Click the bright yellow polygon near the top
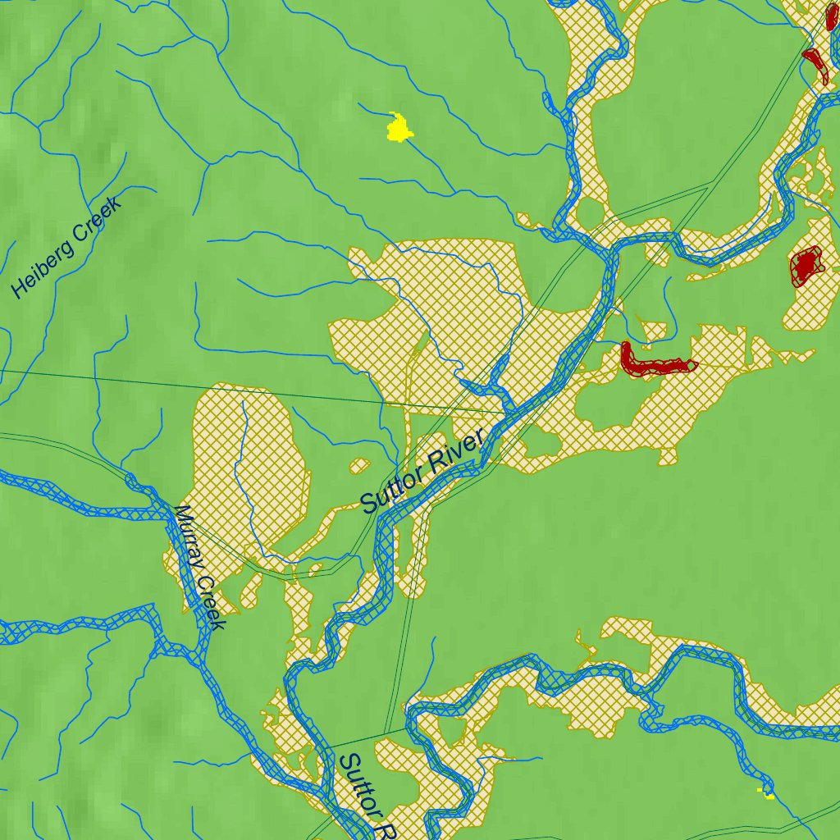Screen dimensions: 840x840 coord(399,128)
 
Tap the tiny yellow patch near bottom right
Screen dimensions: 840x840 coord(768,793)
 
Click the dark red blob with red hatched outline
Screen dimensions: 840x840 coord(806,265)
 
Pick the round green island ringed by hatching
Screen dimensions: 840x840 coord(590,213)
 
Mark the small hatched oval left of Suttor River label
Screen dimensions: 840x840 coord(359,466)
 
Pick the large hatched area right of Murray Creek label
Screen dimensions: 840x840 coord(246,459)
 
